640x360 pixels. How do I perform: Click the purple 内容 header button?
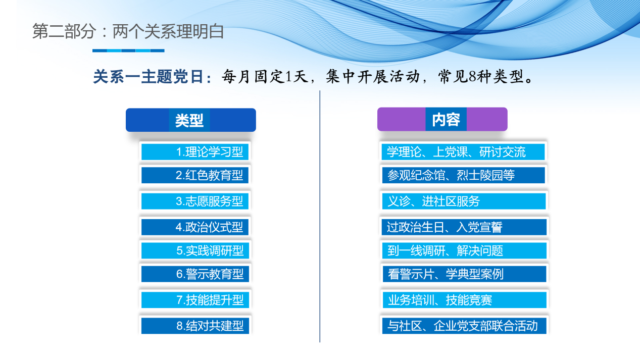(442, 120)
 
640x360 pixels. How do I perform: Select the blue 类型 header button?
(190, 120)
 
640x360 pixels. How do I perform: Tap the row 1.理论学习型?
(195, 152)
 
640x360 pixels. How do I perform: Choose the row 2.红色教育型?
(195, 175)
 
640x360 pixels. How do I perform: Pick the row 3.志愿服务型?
(195, 201)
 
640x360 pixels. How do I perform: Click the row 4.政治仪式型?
(195, 227)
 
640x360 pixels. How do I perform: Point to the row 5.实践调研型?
(195, 250)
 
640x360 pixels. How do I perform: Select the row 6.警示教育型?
(195, 274)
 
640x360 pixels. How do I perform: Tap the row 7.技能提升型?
(195, 300)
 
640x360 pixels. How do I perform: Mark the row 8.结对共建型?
(195, 326)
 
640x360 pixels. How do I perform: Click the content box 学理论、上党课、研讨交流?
(463, 152)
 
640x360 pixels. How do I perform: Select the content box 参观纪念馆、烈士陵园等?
(463, 175)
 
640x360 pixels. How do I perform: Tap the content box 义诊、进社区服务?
(463, 201)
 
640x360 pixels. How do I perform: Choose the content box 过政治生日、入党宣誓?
(463, 227)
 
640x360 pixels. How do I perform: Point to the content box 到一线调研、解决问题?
(463, 250)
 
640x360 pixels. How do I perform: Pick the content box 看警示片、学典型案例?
(463, 274)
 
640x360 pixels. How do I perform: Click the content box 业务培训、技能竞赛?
(463, 300)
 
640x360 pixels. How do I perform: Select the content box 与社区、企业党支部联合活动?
(463, 326)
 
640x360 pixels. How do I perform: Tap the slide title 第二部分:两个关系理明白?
(128, 32)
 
